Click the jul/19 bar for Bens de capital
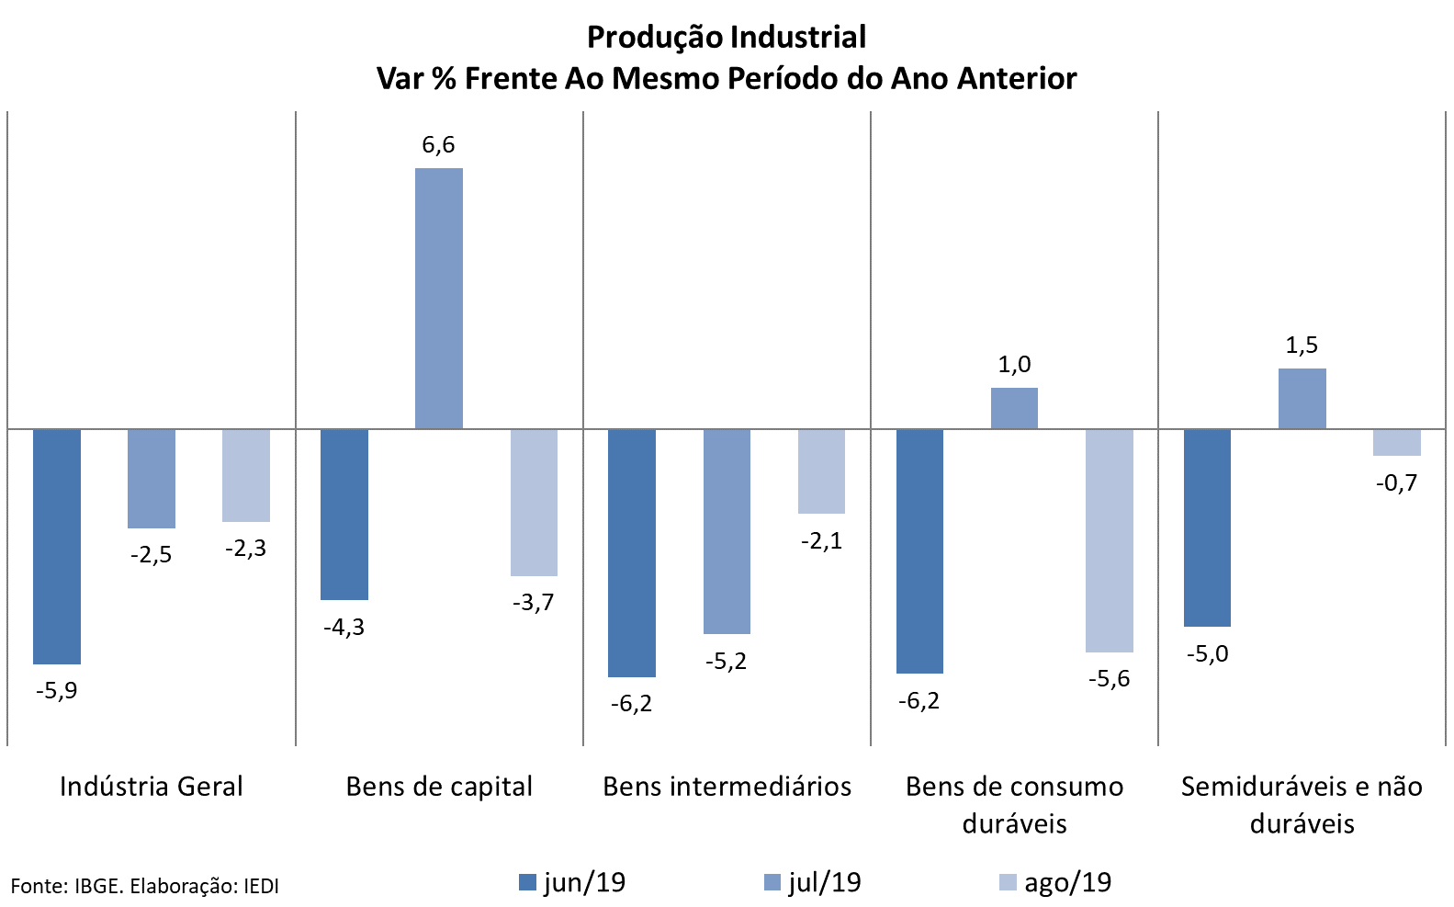click(439, 298)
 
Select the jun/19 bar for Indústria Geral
click(57, 546)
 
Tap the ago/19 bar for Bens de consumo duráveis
click(1110, 540)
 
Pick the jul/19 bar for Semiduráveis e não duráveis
click(1302, 399)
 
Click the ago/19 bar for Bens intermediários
click(821, 471)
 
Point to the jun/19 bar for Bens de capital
click(344, 514)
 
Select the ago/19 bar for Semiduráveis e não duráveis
click(1397, 442)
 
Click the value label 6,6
click(438, 145)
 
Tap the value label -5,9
click(56, 690)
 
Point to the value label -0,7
click(1396, 482)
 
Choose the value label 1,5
click(1302, 346)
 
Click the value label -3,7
click(533, 603)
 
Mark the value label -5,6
click(1109, 679)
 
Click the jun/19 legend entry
click(572, 883)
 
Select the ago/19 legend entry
click(1055, 883)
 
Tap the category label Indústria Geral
click(152, 787)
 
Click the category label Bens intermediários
click(727, 787)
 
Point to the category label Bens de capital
click(439, 787)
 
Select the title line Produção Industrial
click(727, 38)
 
